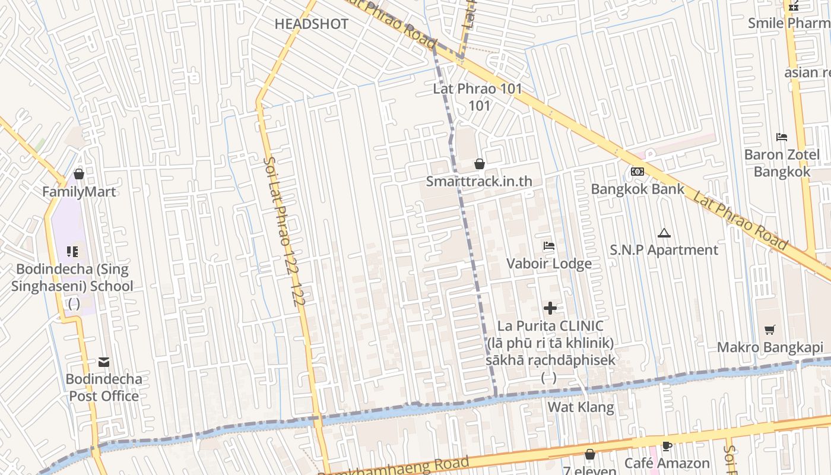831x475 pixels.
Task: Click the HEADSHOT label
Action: (x=311, y=24)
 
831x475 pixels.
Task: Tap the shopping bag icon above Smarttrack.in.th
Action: (x=479, y=164)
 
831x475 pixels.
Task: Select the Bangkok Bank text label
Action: (x=637, y=189)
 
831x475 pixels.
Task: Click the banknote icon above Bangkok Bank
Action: (x=637, y=172)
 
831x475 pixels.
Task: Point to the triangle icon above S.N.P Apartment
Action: (x=664, y=233)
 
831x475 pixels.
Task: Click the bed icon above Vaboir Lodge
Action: (x=549, y=246)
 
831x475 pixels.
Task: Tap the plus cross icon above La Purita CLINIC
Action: (x=550, y=308)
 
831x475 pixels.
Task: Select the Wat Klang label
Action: (x=581, y=407)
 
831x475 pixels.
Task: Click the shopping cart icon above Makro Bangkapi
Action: (x=770, y=330)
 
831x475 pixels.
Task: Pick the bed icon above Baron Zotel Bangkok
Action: (x=782, y=137)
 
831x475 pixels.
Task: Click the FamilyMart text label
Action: (x=79, y=192)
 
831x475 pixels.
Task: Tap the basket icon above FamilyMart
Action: (x=79, y=175)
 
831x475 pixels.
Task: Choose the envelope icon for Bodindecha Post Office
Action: (x=104, y=362)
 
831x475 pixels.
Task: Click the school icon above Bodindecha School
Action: (x=72, y=252)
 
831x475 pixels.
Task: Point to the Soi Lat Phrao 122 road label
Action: (x=284, y=232)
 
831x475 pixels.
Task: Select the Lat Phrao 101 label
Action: (x=478, y=89)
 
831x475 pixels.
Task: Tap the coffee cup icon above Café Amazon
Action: (x=667, y=446)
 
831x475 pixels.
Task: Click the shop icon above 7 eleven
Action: (x=589, y=455)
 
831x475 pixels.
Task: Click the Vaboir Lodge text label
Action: (x=549, y=264)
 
